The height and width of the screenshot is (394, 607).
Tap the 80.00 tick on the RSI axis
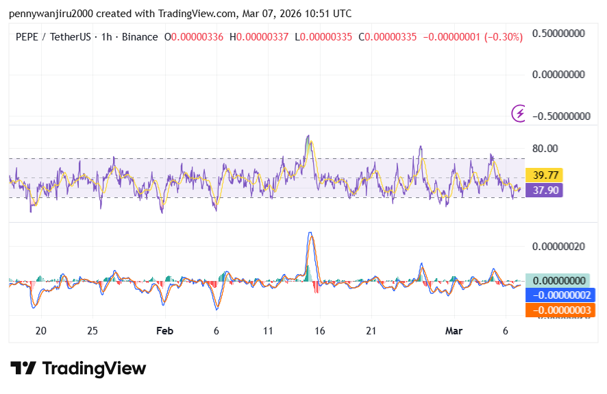tap(545, 148)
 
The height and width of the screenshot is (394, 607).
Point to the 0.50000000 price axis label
tap(561, 33)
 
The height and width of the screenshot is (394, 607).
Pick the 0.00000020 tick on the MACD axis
tap(558, 246)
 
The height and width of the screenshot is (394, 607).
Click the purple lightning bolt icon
tap(520, 113)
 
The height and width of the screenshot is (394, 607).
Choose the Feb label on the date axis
tap(164, 331)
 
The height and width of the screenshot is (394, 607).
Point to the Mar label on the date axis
tap(454, 331)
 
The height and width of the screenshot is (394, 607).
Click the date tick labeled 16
tap(319, 331)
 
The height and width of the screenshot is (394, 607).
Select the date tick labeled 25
tap(92, 331)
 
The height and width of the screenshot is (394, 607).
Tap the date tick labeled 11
tap(268, 331)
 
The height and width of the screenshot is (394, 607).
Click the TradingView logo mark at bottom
tap(23, 368)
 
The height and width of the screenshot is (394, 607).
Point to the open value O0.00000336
tap(194, 37)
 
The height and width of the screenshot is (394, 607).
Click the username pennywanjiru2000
tap(51, 14)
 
